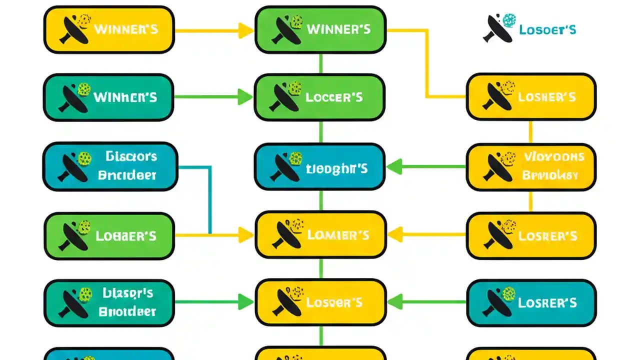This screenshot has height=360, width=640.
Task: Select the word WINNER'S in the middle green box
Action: click(x=338, y=29)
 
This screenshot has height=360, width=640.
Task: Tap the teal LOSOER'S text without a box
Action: click(x=547, y=29)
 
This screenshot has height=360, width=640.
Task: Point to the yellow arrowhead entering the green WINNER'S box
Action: click(x=245, y=30)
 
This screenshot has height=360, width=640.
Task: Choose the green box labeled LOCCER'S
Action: click(x=320, y=97)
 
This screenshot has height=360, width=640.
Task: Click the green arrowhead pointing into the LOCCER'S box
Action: click(x=245, y=97)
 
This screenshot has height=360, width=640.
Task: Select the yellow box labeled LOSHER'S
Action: click(x=531, y=97)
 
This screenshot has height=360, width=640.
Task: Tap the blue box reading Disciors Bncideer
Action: click(x=110, y=166)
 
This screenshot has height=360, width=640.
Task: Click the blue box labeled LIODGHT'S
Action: click(x=320, y=166)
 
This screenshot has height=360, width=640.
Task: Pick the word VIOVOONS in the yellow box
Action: click(x=554, y=157)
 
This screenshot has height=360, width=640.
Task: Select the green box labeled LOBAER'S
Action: click(x=109, y=235)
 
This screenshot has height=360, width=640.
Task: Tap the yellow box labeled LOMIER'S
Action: click(x=320, y=234)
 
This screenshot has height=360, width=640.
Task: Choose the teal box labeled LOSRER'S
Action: click(x=531, y=302)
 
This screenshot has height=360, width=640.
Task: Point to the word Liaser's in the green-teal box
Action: click(x=128, y=293)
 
